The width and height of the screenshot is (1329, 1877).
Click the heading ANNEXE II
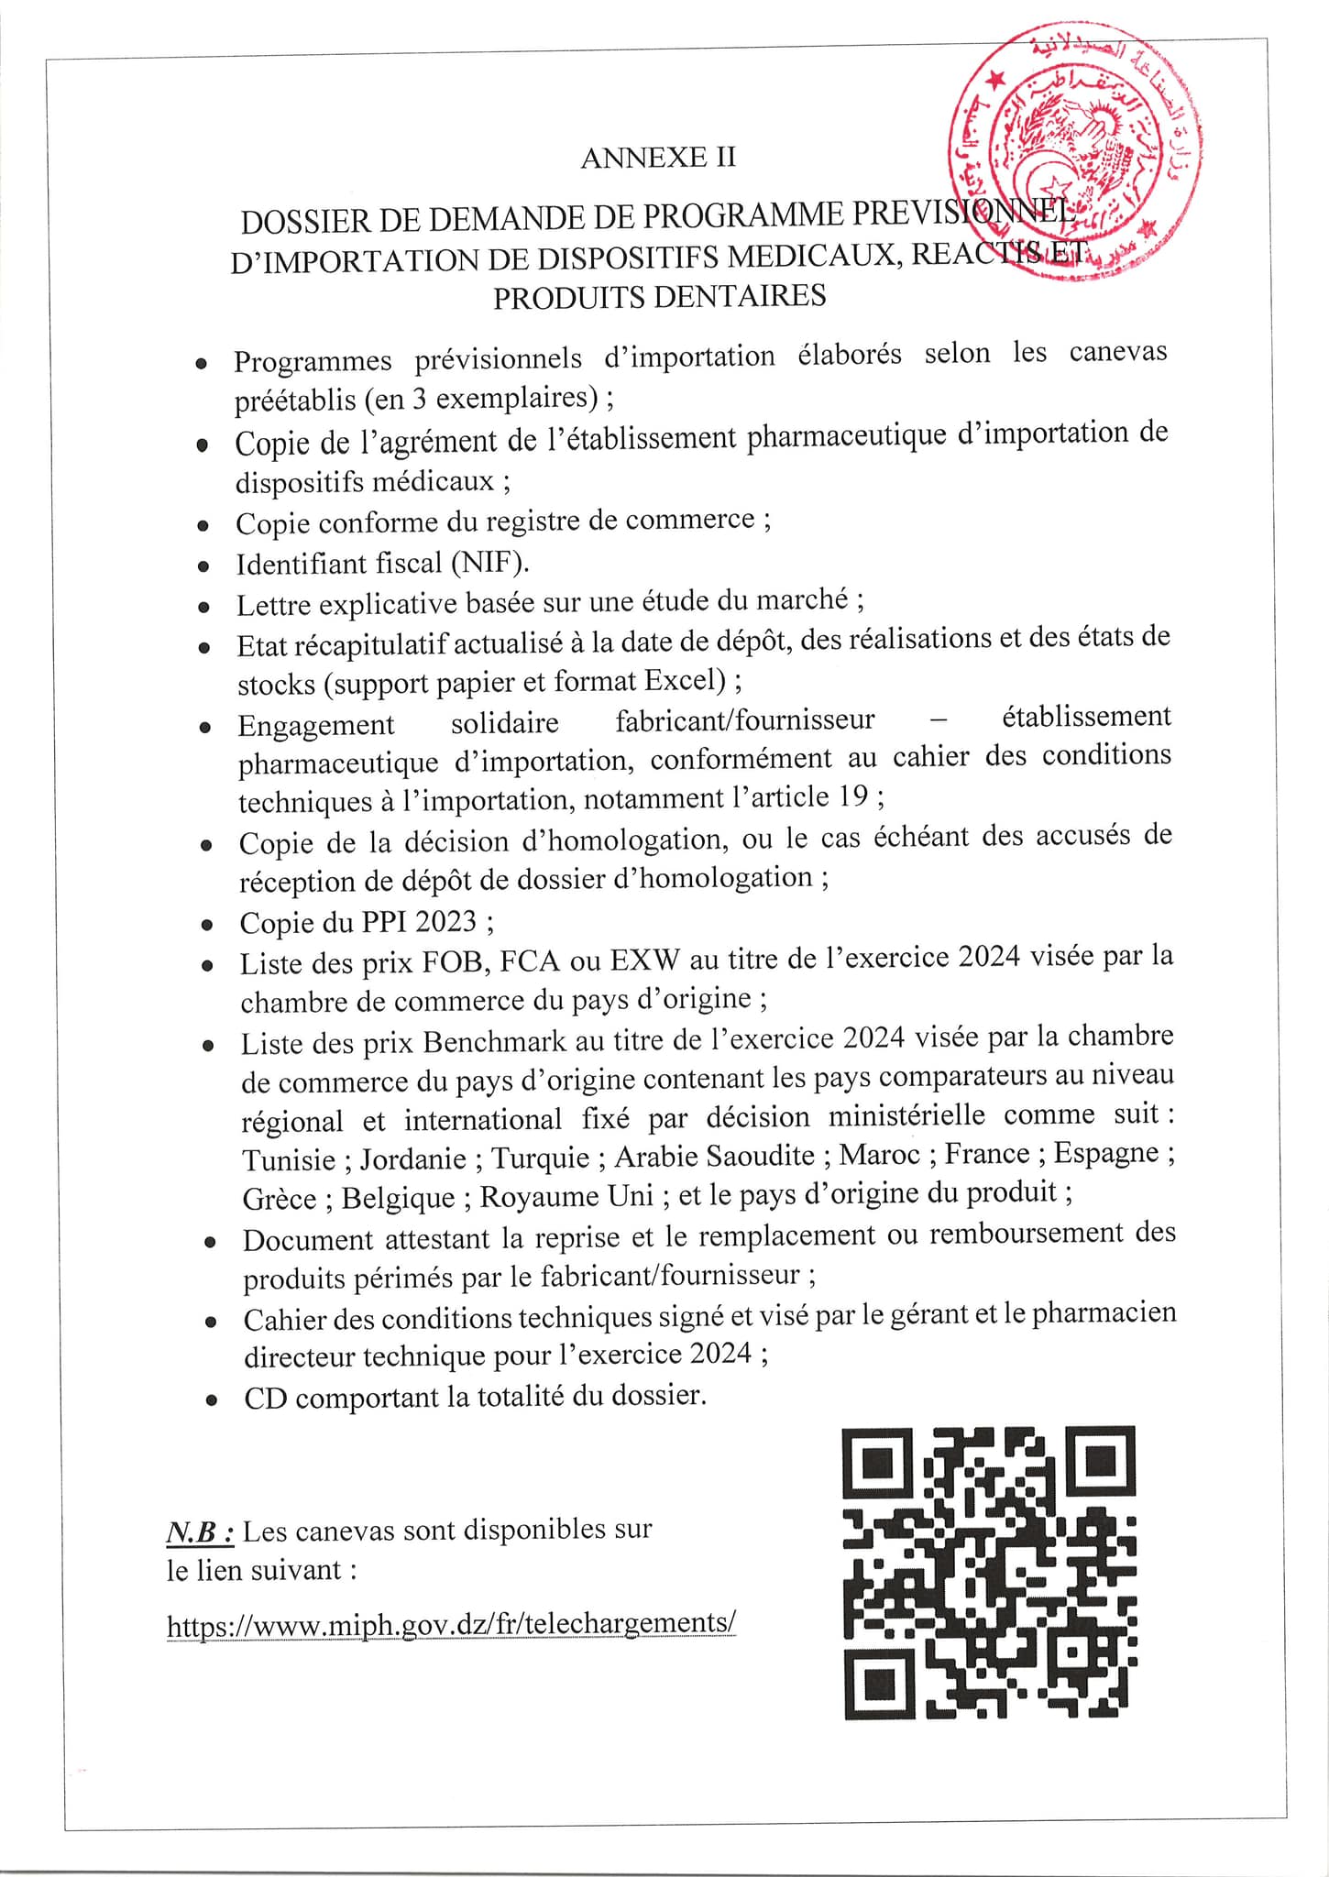[658, 158]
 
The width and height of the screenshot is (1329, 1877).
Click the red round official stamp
[1075, 151]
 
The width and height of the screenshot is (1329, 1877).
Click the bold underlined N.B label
[201, 1531]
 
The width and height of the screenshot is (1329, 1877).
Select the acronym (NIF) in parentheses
[489, 562]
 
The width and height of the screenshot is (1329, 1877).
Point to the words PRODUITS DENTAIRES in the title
[659, 297]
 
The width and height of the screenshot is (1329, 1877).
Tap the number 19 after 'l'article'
[852, 796]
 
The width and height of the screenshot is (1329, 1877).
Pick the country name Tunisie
[289, 1159]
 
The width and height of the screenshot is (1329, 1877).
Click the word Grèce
[280, 1199]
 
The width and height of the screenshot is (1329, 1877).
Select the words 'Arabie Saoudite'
[714, 1156]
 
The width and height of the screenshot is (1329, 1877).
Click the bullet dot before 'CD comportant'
[212, 1400]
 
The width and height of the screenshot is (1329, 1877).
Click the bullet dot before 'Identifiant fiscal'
[204, 566]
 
